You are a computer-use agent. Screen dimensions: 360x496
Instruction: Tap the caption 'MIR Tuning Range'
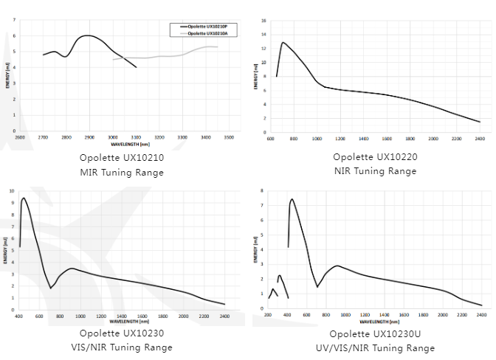(121, 173)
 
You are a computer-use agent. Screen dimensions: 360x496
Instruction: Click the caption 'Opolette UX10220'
(374, 157)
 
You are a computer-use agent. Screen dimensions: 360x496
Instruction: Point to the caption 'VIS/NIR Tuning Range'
(121, 347)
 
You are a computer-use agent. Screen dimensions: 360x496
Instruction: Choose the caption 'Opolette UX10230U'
(374, 333)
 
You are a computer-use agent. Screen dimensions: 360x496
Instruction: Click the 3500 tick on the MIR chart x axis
(229, 138)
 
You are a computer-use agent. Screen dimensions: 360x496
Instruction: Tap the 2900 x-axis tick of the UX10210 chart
(89, 138)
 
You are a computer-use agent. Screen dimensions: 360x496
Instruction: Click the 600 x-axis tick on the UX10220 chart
(270, 138)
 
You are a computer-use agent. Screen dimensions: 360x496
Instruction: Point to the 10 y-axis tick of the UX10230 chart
(12, 191)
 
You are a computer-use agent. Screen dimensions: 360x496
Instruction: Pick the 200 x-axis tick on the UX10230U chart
(268, 314)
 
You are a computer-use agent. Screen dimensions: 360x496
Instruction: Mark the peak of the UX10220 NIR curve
(283, 43)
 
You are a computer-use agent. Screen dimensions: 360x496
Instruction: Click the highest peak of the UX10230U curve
(292, 199)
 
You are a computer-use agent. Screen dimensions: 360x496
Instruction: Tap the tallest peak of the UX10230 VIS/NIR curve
(24, 198)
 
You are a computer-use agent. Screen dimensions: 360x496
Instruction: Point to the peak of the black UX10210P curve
(88, 35)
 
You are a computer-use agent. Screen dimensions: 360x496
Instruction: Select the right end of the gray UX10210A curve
(218, 47)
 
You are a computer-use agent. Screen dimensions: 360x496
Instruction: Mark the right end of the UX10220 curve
(480, 122)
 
